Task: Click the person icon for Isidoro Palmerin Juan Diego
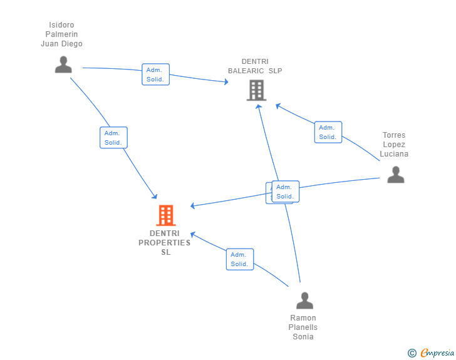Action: (63, 64)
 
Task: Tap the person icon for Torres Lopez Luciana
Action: (395, 175)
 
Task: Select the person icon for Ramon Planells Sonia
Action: (304, 301)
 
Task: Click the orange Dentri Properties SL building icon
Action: (165, 215)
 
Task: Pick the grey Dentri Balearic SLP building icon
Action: (256, 90)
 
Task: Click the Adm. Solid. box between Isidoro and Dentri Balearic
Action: (155, 75)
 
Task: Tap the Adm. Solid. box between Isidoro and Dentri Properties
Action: (113, 138)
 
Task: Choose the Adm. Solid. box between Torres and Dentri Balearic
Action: (328, 132)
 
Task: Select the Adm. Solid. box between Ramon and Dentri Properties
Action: (240, 259)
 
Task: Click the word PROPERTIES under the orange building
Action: (165, 243)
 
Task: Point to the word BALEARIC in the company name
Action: (246, 71)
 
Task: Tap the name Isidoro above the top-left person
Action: (61, 25)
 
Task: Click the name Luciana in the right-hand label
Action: (394, 154)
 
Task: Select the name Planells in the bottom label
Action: (303, 327)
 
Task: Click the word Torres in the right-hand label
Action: (394, 135)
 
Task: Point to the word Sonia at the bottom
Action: (303, 337)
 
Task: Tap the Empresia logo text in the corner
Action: (437, 353)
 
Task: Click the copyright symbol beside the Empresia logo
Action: (412, 353)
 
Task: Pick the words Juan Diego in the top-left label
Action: (61, 44)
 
